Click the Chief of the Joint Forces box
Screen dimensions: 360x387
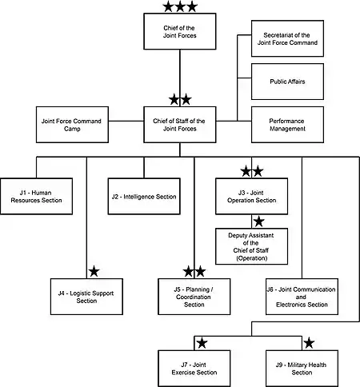[x=180, y=31]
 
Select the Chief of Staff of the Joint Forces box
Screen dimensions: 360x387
[x=180, y=125]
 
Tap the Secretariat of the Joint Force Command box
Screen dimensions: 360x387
[x=287, y=38]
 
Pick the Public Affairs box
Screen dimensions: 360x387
[x=287, y=82]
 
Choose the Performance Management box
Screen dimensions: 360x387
[x=287, y=125]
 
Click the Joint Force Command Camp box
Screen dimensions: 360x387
[x=72, y=125]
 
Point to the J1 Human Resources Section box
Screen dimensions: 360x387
[x=36, y=197]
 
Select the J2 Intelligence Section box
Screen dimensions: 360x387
[x=144, y=197]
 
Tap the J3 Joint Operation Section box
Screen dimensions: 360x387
[x=251, y=197]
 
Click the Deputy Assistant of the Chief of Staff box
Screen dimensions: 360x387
[x=251, y=246]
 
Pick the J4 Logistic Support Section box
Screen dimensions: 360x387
[x=86, y=297]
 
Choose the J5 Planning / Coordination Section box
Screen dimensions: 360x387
[x=194, y=297]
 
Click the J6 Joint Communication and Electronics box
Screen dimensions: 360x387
[x=302, y=297]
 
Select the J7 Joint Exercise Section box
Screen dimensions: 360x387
[x=194, y=369]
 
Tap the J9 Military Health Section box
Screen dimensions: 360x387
[x=302, y=369]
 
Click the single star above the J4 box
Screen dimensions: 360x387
[x=94, y=272]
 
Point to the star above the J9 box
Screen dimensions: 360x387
[x=309, y=343]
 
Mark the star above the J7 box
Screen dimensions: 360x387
[x=202, y=343]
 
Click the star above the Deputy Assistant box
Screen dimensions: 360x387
[x=258, y=221]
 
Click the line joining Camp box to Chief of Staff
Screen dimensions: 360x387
[x=126, y=121]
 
